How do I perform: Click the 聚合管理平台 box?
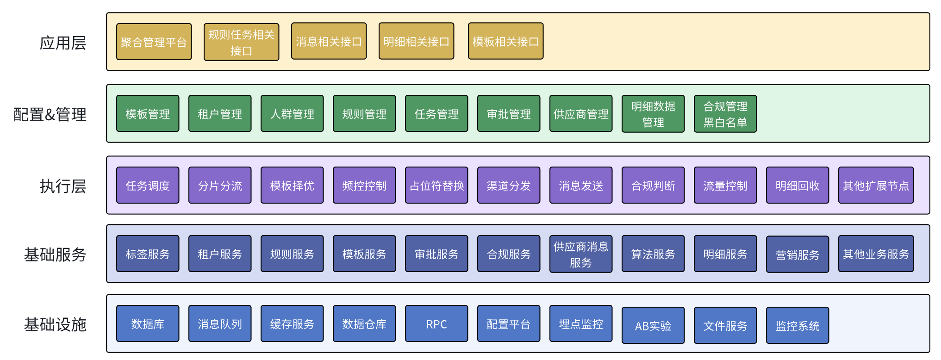tap(154, 42)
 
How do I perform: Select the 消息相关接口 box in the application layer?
tap(329, 41)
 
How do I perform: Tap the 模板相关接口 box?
tap(505, 41)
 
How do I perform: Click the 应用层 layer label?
tap(63, 43)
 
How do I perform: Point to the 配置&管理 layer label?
tap(50, 114)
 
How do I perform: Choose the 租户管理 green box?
tap(220, 114)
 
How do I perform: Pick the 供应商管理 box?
tap(581, 114)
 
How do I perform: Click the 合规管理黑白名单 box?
tap(725, 114)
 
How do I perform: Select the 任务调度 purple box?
tap(148, 186)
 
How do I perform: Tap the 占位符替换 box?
tap(436, 186)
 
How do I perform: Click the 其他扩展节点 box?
tap(876, 186)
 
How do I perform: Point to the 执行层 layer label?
tap(63, 186)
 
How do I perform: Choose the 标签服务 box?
tap(148, 254)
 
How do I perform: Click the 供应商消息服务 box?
tap(581, 254)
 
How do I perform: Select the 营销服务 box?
tap(798, 254)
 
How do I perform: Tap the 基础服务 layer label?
tap(55, 254)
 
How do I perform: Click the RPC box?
tap(436, 324)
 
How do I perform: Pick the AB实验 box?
tap(653, 326)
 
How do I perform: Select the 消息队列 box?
tap(220, 324)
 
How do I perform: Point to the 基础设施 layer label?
tap(55, 324)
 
